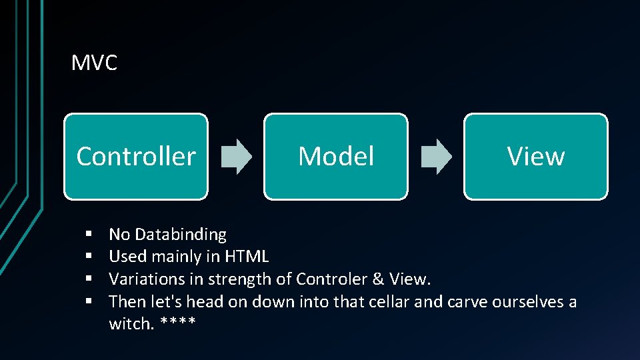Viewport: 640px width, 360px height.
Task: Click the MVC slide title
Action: point(94,63)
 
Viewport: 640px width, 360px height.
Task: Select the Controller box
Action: point(136,157)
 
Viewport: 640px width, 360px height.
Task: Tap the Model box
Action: point(336,157)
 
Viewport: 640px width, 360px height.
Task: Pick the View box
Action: point(536,157)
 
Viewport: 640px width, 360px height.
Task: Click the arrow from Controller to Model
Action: point(236,157)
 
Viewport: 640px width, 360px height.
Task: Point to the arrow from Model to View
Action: point(436,157)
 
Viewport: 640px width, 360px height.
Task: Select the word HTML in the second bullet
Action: point(247,257)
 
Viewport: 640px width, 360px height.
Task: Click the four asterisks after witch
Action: point(178,323)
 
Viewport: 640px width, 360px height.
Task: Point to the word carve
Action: point(467,301)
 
